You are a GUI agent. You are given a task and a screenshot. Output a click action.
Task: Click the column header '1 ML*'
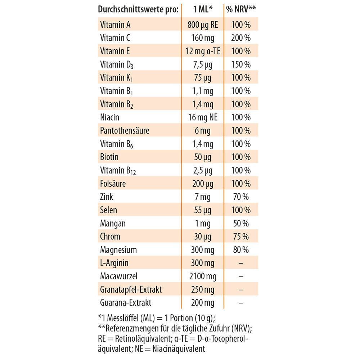click(203, 9)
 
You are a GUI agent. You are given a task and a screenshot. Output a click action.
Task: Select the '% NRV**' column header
click(241, 9)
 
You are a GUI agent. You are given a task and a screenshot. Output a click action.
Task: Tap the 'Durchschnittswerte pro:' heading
click(138, 10)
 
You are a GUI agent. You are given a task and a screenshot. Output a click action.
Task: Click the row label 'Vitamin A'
click(115, 24)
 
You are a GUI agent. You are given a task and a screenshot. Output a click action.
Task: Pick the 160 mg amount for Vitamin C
click(203, 38)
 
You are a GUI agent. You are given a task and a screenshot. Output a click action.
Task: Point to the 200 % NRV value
click(241, 38)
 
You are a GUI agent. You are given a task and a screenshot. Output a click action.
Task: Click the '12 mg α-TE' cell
click(203, 51)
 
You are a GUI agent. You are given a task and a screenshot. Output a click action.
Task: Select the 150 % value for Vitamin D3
click(241, 64)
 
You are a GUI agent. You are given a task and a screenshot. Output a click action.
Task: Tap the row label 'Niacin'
click(109, 117)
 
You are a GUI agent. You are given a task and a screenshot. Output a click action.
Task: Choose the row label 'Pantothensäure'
click(125, 131)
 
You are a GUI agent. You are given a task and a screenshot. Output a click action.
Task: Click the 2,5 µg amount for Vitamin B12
click(203, 170)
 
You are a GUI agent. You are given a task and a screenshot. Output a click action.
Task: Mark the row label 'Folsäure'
click(113, 184)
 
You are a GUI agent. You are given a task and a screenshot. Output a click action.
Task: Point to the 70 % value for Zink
click(241, 197)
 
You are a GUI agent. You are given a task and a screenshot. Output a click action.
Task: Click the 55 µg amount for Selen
click(203, 210)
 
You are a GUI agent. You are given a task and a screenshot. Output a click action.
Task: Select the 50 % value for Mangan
click(241, 224)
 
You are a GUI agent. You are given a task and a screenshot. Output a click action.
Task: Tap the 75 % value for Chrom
click(241, 237)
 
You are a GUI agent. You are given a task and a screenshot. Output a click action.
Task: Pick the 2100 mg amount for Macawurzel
click(203, 276)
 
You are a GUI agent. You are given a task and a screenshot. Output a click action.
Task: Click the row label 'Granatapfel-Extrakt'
click(131, 290)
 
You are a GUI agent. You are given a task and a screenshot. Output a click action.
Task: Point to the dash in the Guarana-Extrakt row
click(241, 303)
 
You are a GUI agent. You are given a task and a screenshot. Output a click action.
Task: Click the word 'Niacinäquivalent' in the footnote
click(179, 349)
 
